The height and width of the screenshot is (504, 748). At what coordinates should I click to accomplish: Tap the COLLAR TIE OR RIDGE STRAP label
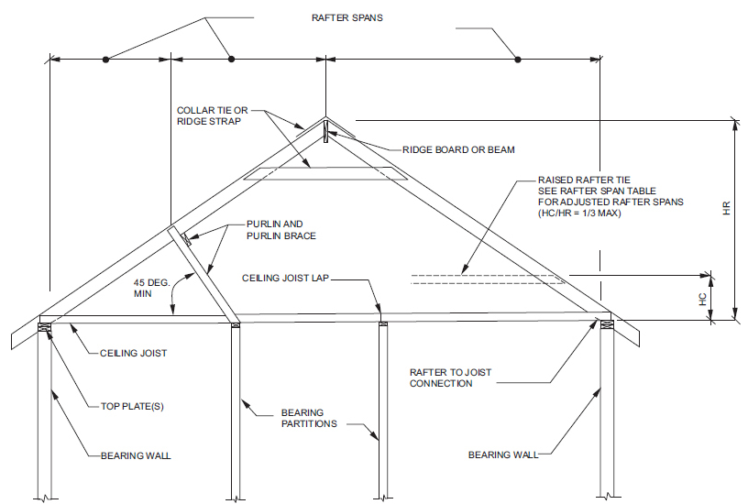[x=212, y=115]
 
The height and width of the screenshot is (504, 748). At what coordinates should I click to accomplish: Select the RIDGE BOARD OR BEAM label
[x=458, y=149]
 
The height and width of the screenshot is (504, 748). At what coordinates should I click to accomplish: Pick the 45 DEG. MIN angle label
[x=146, y=289]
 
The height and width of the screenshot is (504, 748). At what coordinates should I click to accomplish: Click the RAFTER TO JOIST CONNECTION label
[x=451, y=378]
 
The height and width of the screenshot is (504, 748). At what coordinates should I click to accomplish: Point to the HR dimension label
[x=726, y=209]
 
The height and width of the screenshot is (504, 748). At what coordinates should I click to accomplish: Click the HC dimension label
[x=701, y=297]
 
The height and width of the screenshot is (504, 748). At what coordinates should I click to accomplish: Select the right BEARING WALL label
[x=503, y=454]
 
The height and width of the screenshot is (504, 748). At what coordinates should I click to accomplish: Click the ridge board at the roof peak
[x=325, y=134]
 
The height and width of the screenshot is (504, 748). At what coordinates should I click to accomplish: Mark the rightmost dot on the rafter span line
[x=518, y=60]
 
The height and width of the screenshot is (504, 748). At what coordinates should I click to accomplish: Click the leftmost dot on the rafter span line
[x=105, y=60]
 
